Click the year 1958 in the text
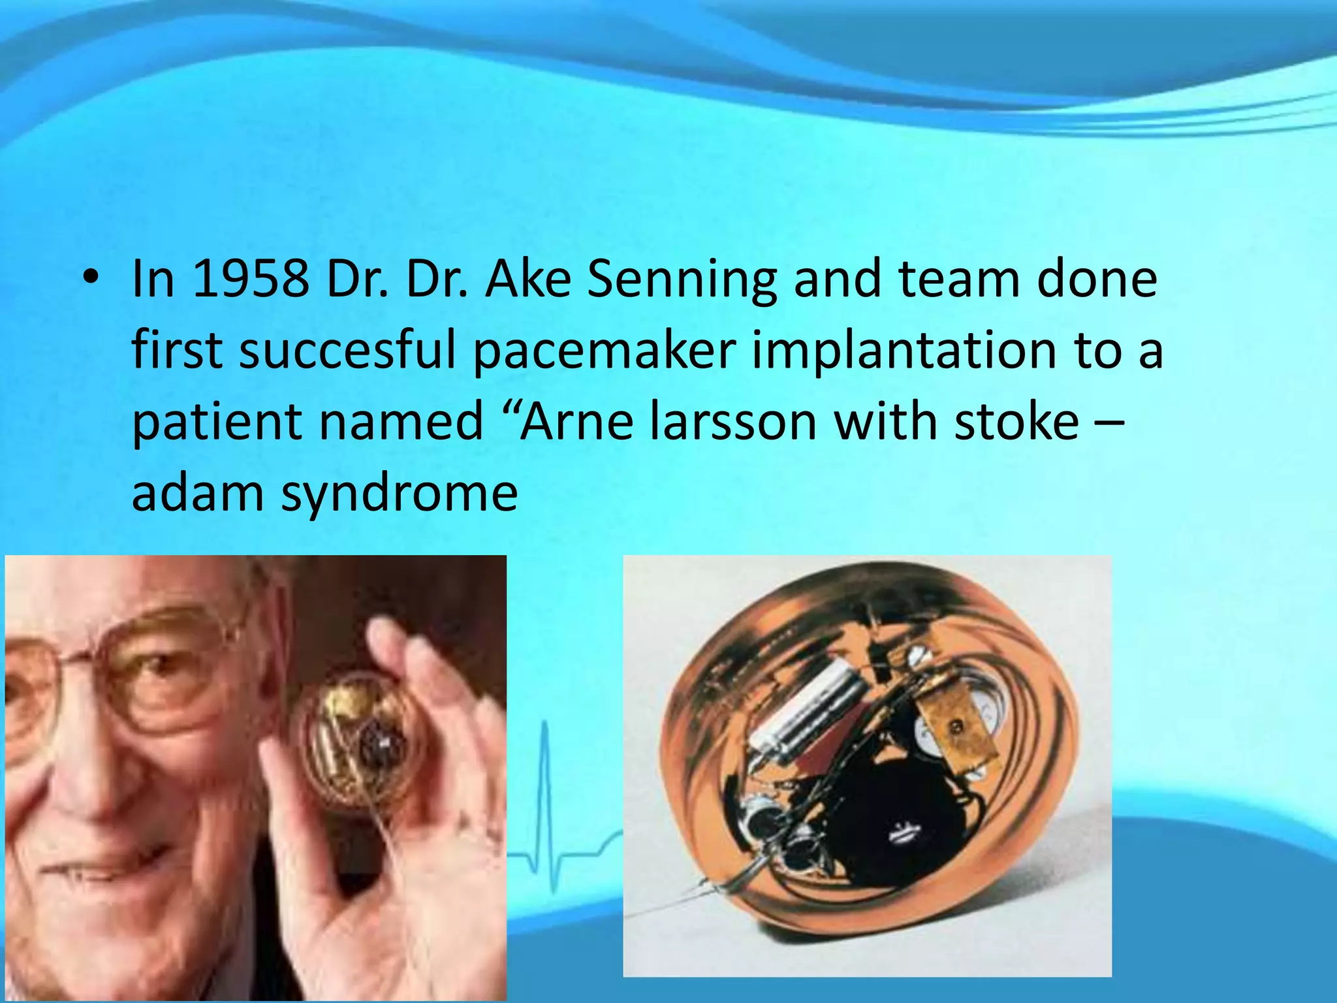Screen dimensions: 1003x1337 tap(251, 279)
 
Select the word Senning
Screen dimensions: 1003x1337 tap(682, 279)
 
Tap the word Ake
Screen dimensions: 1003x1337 tap(527, 279)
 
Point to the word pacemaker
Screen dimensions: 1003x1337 tap(605, 351)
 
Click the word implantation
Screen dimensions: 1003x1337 tap(904, 351)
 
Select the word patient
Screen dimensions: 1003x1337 tap(216, 422)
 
